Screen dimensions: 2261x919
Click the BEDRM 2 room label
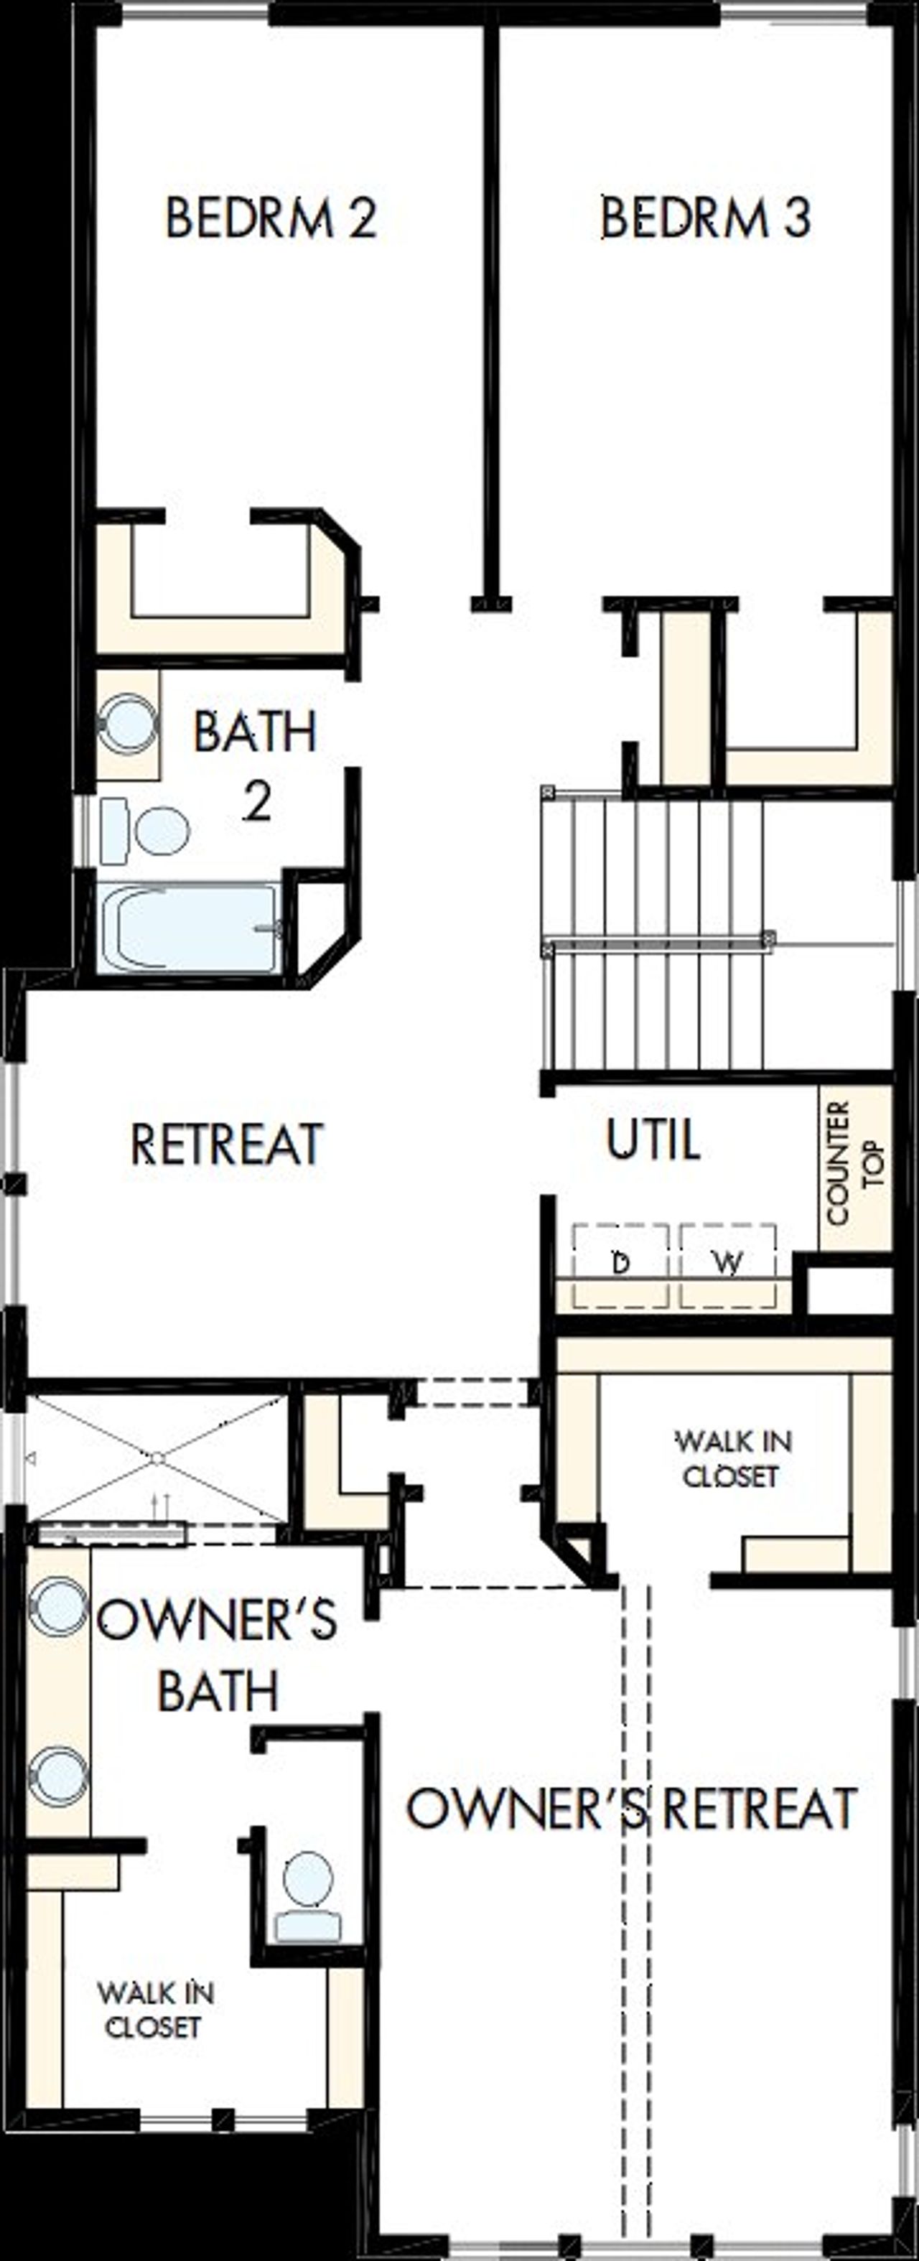[271, 218]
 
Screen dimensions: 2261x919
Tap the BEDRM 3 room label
[705, 218]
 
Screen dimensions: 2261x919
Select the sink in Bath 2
[128, 723]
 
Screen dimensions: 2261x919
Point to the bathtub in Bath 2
[189, 928]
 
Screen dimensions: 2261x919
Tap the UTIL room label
[653, 1140]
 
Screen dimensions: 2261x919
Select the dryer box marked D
[620, 1263]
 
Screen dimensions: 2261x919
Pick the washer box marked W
[727, 1263]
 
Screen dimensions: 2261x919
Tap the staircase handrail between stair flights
[658, 943]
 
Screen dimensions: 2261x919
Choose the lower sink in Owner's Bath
[59, 1776]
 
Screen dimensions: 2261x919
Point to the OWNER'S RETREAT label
[631, 1810]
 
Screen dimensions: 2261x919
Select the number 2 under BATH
[256, 801]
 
